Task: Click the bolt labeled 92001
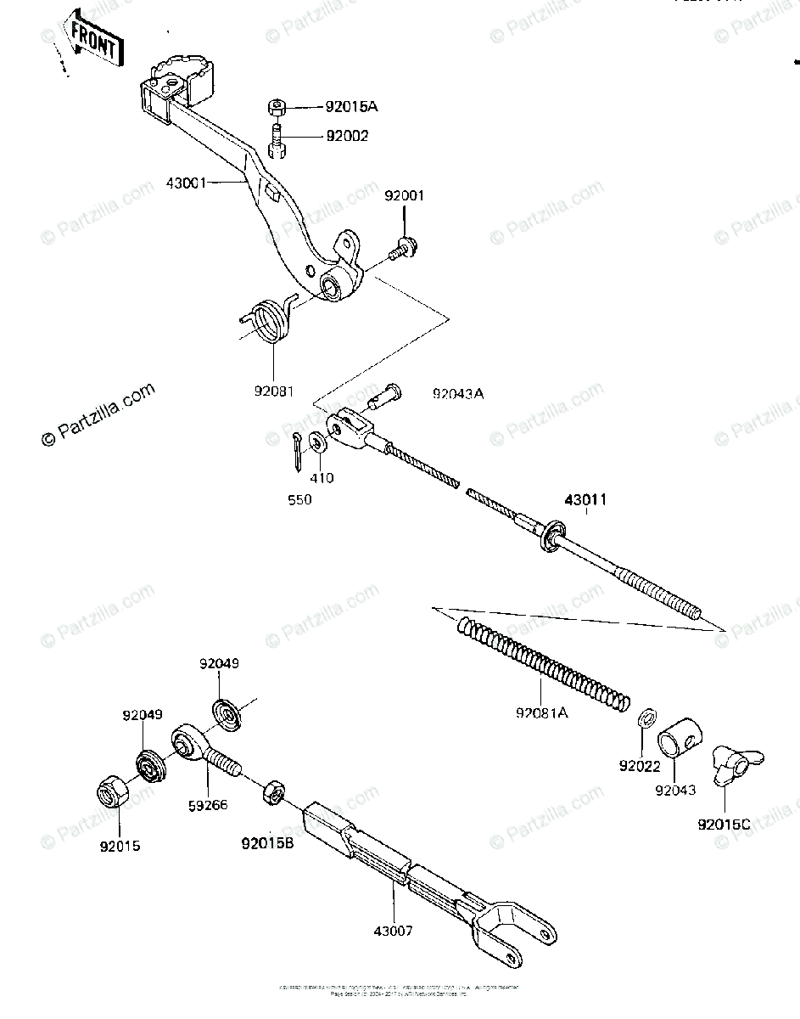click(x=400, y=249)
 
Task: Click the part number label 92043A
click(x=458, y=394)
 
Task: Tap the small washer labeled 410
click(x=318, y=442)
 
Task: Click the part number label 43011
click(x=582, y=500)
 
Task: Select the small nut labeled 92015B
click(x=274, y=793)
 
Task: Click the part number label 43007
click(x=393, y=931)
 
